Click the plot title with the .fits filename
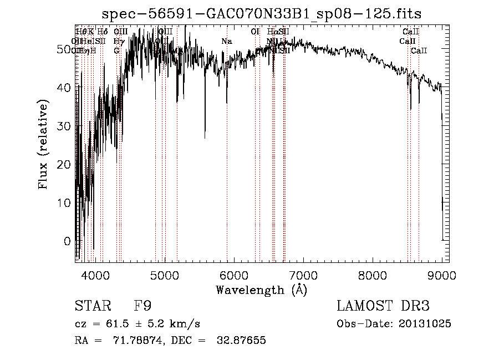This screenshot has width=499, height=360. click(x=266, y=14)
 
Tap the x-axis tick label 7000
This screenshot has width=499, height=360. click(x=303, y=276)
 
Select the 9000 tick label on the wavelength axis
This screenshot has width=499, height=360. click(x=442, y=276)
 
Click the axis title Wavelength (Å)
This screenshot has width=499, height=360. click(x=262, y=290)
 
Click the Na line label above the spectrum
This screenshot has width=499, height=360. click(x=226, y=42)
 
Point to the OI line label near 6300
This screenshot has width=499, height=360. click(x=255, y=32)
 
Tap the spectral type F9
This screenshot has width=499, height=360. click(x=142, y=306)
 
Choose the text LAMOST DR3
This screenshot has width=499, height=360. click(x=383, y=306)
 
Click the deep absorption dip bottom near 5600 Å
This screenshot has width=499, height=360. click(x=205, y=138)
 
